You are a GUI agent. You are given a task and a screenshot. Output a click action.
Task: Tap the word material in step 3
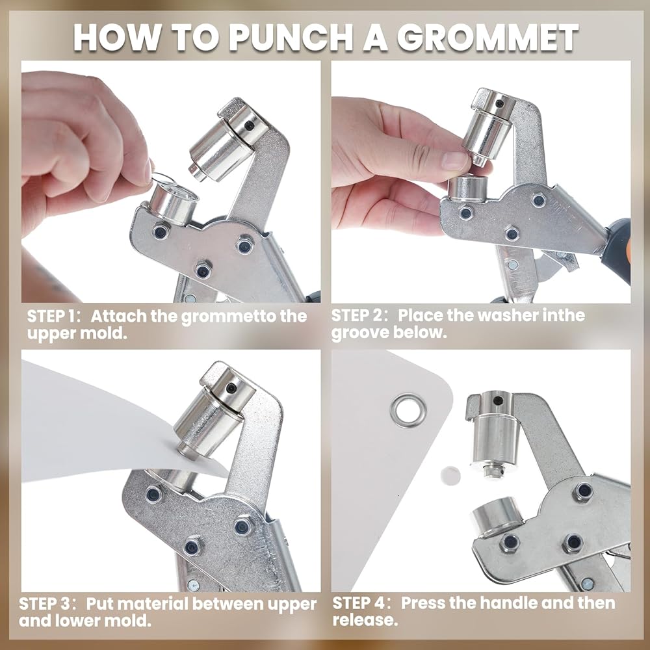[x=156, y=604]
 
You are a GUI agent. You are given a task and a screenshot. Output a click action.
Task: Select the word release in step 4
[x=365, y=620]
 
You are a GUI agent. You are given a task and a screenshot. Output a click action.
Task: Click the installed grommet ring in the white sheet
[x=408, y=410]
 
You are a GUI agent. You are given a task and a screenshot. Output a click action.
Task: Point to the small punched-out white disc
[x=450, y=476]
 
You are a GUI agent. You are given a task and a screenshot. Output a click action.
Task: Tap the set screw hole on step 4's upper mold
[x=497, y=400]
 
